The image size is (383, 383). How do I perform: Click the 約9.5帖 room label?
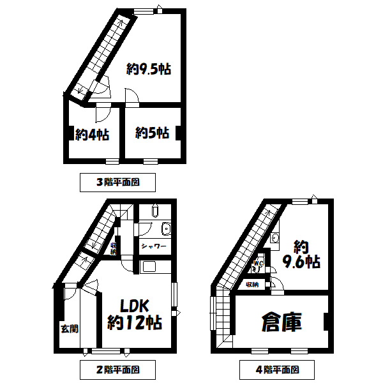(x=148, y=70)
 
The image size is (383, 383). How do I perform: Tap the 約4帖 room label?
(x=91, y=135)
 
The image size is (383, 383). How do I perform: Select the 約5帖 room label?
(x=152, y=133)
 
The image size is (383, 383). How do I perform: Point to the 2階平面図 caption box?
(x=118, y=369)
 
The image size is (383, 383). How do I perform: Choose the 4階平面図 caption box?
(x=278, y=369)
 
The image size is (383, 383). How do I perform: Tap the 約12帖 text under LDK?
(x=135, y=322)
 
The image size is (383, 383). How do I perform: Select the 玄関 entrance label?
(x=69, y=329)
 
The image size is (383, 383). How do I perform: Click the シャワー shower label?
(x=154, y=246)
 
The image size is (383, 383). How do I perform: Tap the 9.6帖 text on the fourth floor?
(x=303, y=261)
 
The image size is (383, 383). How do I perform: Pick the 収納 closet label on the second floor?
(x=113, y=248)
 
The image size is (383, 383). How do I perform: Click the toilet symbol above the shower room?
(x=155, y=211)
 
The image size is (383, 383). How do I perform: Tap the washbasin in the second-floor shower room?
(x=166, y=228)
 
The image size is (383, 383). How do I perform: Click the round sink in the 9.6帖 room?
(x=274, y=239)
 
